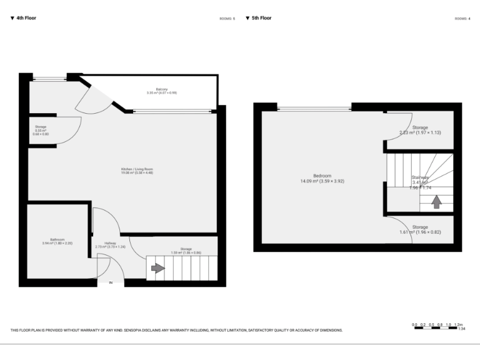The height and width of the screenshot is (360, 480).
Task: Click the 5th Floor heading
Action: click(261, 18)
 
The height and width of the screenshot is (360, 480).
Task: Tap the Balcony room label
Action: click(162, 91)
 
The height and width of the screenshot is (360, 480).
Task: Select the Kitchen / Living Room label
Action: click(137, 171)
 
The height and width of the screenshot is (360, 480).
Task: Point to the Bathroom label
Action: click(57, 241)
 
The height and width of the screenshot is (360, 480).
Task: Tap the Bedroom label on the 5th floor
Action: click(322, 178)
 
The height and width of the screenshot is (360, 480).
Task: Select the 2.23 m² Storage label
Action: click(420, 129)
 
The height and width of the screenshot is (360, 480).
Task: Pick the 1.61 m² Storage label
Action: click(420, 229)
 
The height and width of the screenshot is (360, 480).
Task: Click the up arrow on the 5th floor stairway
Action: click(436, 202)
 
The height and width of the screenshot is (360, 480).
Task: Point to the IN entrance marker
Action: click(111, 283)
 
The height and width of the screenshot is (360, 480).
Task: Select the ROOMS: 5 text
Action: click(227, 19)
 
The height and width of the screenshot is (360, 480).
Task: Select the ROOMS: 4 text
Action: click(462, 19)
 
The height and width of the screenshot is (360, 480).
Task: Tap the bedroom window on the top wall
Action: click(314, 109)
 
